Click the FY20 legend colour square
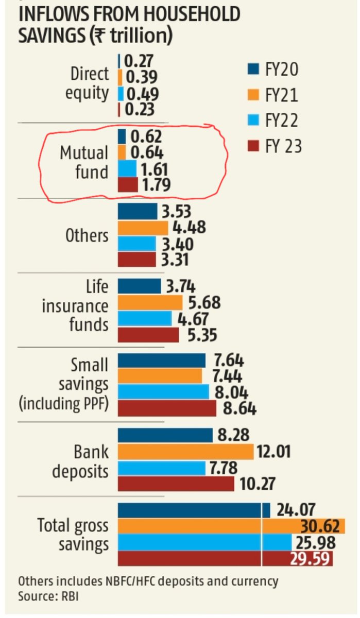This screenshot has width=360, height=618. [x=252, y=68]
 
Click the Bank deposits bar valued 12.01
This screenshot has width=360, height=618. [x=185, y=452]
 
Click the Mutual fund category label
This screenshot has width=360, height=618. [x=84, y=162]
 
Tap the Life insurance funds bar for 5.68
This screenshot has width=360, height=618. [x=150, y=302]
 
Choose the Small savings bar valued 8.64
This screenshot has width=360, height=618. [x=167, y=408]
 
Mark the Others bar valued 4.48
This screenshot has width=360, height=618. [x=143, y=228]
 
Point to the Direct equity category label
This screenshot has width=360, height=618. [x=90, y=83]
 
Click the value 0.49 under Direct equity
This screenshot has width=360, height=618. [x=142, y=94]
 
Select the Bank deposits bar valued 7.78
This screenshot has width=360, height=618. [x=162, y=468]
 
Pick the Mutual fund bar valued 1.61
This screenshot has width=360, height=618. [x=127, y=168]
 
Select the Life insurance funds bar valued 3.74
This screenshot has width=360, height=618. [x=139, y=286]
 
